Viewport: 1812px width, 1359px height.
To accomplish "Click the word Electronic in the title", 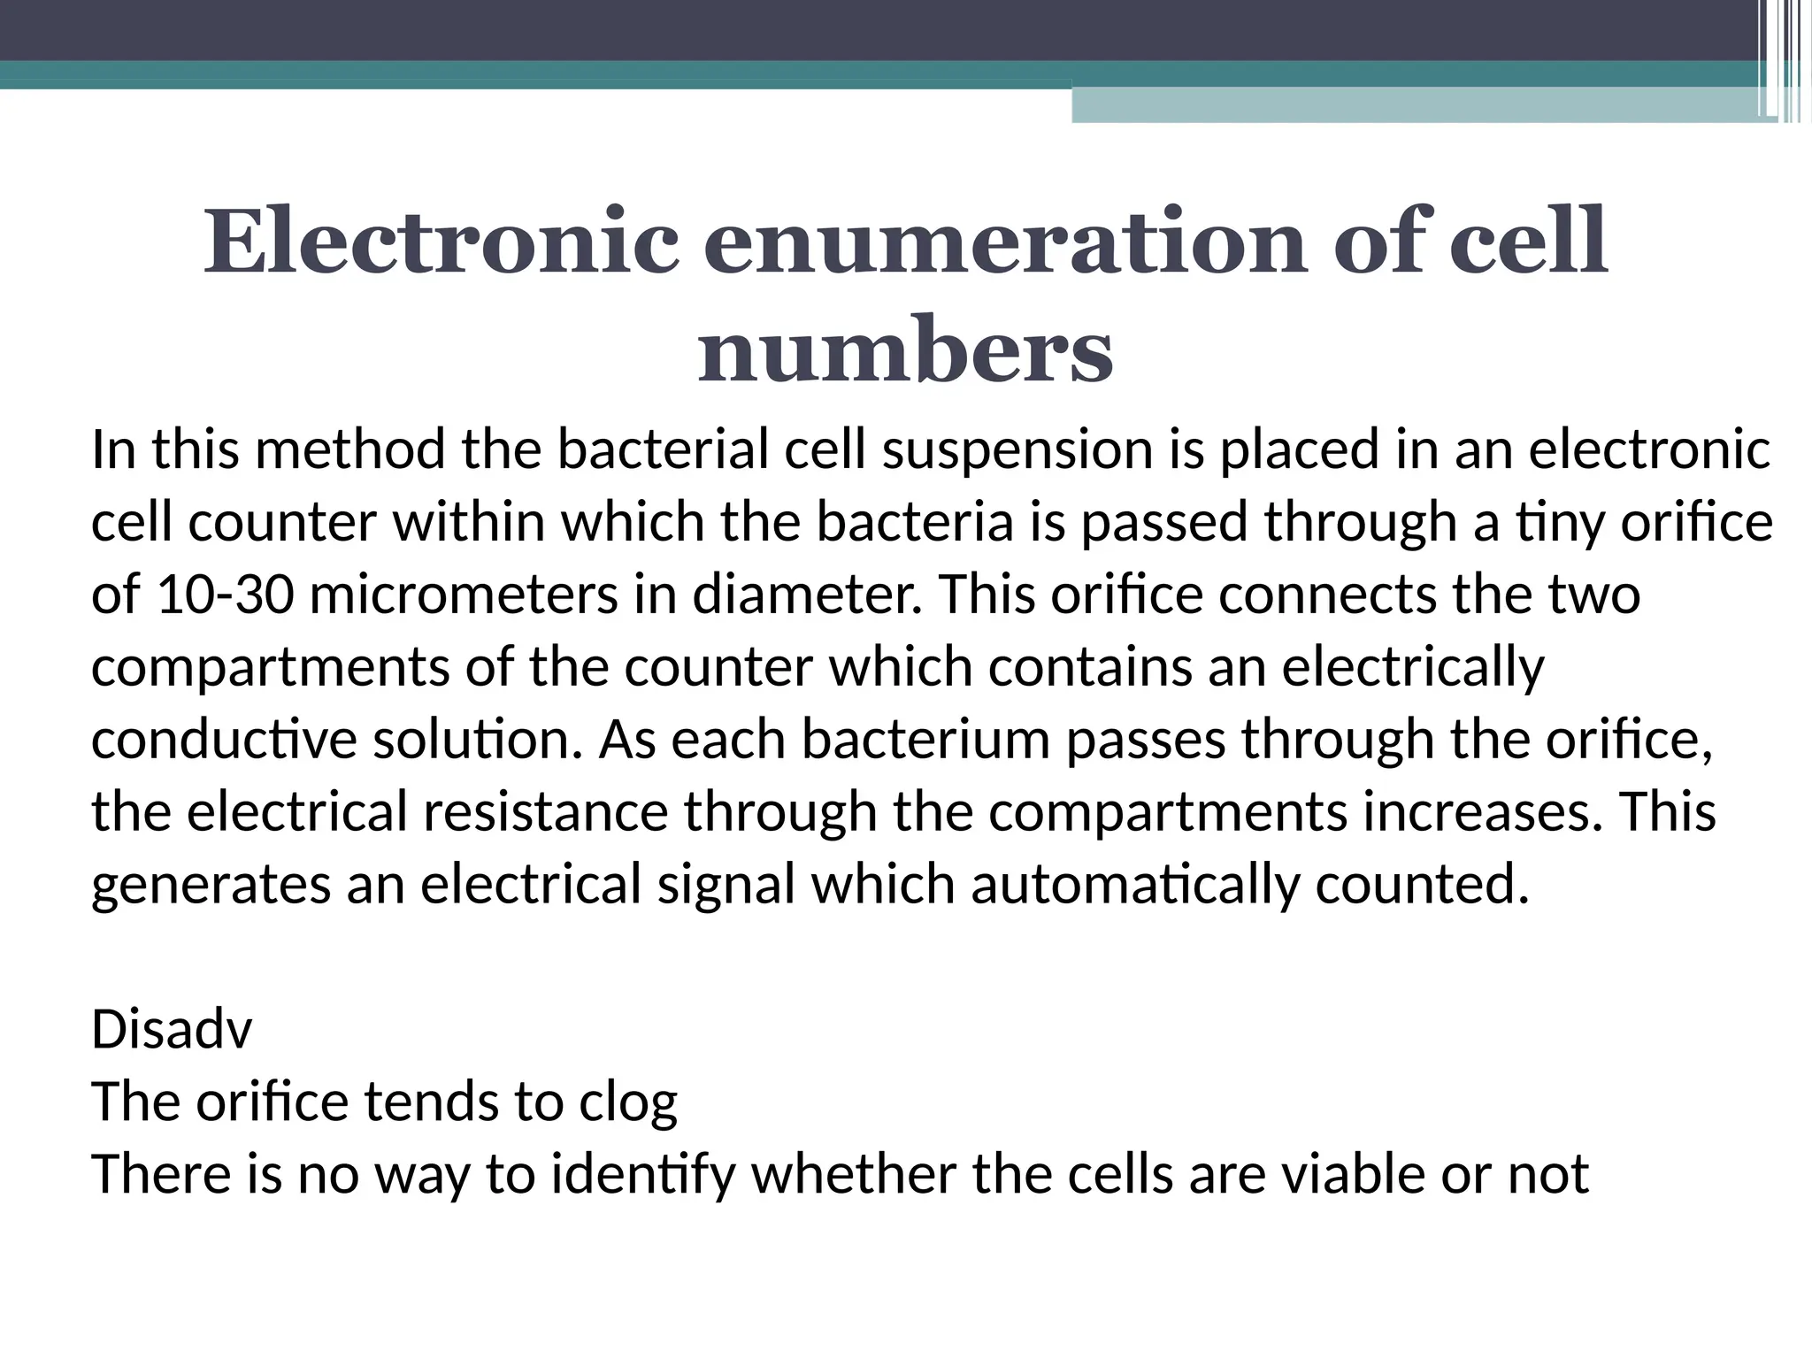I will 441,241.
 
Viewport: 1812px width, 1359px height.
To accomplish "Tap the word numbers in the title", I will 904,352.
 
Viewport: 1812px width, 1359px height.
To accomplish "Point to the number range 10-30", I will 225,595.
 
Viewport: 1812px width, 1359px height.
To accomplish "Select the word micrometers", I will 464,595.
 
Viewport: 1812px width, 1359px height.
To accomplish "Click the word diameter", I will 806,595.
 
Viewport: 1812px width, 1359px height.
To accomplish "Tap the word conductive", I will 223,740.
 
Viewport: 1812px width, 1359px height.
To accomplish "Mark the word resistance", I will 545,812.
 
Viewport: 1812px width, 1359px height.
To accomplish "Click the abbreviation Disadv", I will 172,1030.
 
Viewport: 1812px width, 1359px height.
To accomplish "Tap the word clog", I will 628,1102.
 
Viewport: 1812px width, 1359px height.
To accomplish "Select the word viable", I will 1353,1175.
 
